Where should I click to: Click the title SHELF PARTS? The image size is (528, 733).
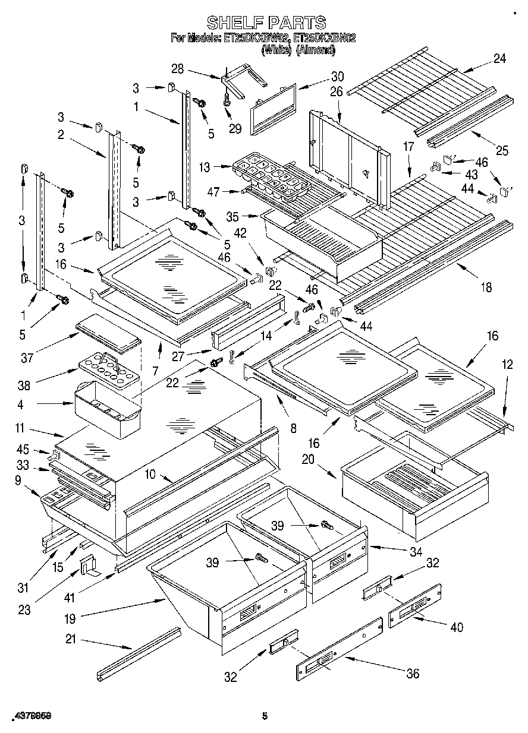coord(266,23)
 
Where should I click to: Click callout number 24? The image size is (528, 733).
coord(499,59)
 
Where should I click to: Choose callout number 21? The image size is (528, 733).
coord(71,639)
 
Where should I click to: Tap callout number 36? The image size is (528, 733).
coord(412,673)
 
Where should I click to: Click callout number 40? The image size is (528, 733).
coord(457,627)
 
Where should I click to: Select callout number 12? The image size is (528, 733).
coord(507,366)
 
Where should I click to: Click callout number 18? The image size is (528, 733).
coord(486,287)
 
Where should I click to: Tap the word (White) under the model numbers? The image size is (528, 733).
coord(276,50)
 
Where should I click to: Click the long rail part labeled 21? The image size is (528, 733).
coord(139,653)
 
